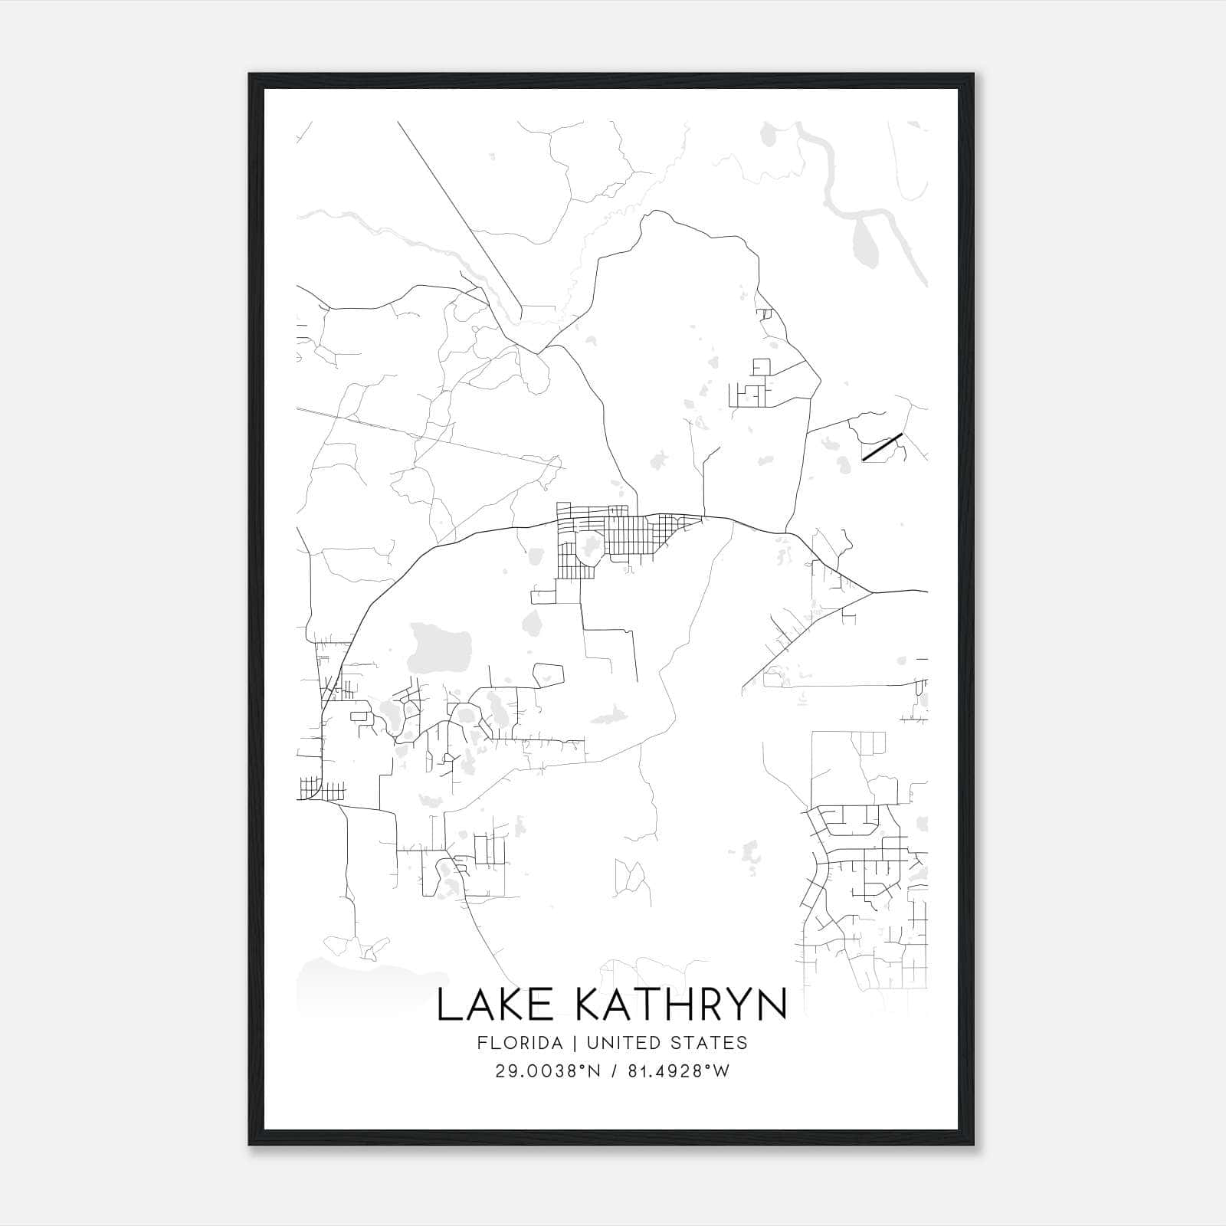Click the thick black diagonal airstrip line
[882, 447]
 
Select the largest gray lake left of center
[440, 645]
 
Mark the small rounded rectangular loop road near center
[548, 674]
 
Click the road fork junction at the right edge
[871, 592]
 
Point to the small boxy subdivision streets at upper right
[755, 387]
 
